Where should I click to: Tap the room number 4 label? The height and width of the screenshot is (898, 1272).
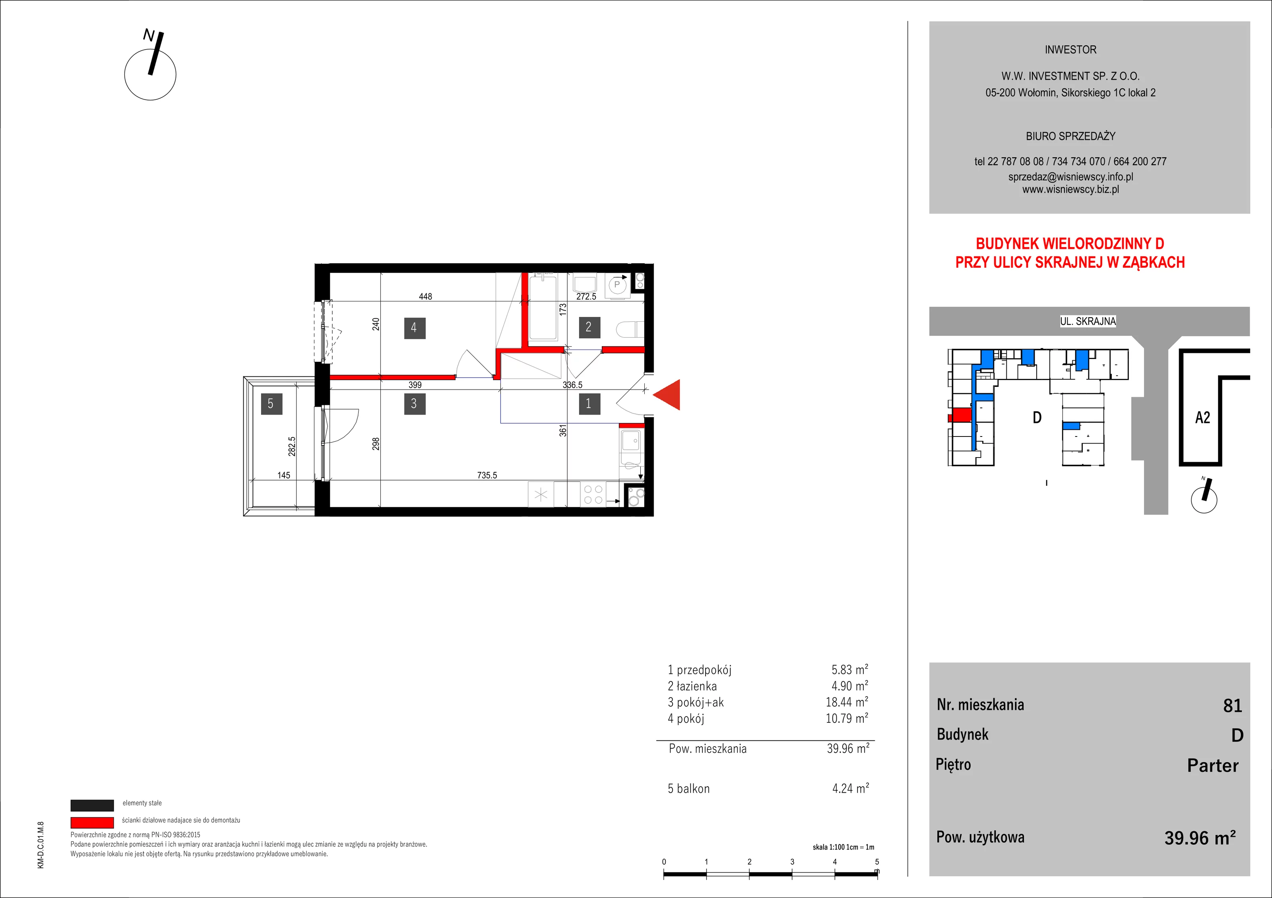(x=414, y=328)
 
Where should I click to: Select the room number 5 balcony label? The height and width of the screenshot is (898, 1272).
(x=271, y=404)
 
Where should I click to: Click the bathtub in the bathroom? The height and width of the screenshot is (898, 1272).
(x=543, y=307)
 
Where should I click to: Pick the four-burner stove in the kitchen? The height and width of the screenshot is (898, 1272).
(x=593, y=494)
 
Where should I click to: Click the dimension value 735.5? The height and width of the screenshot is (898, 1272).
(x=487, y=475)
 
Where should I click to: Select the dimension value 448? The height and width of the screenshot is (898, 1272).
(x=425, y=296)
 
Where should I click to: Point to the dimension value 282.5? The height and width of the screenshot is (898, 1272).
(x=292, y=446)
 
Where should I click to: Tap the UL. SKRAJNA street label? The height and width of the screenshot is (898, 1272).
(x=1088, y=321)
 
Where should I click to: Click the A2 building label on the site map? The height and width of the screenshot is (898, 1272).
(x=1203, y=417)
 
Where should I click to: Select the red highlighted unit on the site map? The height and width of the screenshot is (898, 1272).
(x=961, y=415)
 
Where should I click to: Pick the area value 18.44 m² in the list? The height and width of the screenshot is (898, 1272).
(x=847, y=702)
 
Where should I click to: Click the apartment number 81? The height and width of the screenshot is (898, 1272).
(x=1233, y=705)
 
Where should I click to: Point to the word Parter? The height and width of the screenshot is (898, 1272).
(x=1213, y=765)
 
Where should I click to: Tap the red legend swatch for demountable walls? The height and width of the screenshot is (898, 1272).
(x=92, y=823)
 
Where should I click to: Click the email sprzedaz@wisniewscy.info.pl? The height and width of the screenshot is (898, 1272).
(x=1070, y=177)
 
